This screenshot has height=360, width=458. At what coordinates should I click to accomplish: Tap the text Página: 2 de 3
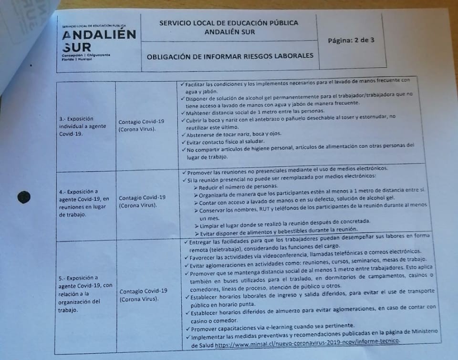[x=351, y=40]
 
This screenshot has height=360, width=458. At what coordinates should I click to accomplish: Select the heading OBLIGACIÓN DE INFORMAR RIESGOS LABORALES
[x=230, y=56]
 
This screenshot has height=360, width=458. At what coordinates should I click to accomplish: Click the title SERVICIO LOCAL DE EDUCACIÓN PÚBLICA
[x=229, y=23]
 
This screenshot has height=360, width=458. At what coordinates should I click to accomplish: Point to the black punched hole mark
[x=23, y=196]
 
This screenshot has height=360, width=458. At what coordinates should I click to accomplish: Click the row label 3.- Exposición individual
[x=76, y=126]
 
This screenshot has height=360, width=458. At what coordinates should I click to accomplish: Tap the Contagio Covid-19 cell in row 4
[x=142, y=201]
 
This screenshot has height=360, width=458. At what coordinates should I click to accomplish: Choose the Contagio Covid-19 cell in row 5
[x=144, y=294]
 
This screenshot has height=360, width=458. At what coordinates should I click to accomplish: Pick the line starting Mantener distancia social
[x=248, y=112]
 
